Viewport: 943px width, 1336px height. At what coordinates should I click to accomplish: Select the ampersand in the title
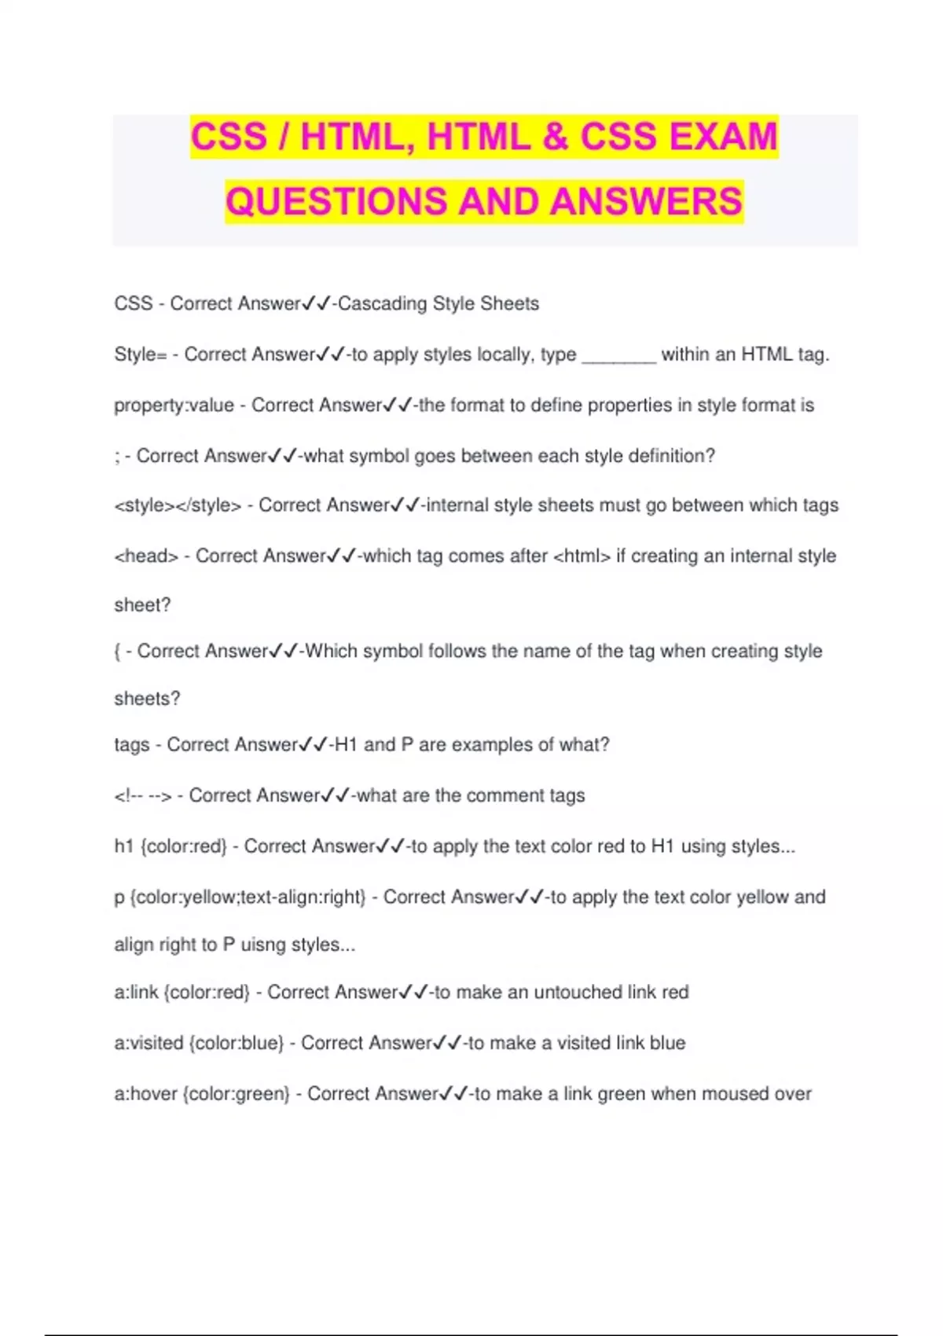click(554, 137)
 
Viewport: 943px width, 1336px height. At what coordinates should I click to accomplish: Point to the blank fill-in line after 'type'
click(618, 355)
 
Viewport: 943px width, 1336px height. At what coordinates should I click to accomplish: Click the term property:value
click(174, 406)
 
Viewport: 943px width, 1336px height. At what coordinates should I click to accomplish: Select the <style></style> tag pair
click(178, 505)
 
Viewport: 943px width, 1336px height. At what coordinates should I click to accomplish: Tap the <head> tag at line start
click(146, 556)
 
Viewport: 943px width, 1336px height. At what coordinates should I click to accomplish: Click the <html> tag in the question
click(582, 556)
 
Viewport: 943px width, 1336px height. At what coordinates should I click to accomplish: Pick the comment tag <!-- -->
click(142, 796)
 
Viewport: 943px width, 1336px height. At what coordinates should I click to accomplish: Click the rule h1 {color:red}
click(171, 846)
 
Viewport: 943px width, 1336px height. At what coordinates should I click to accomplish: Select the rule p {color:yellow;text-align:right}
click(240, 897)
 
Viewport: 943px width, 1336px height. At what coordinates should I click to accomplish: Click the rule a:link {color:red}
click(182, 993)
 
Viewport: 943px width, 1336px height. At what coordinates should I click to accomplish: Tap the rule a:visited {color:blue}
click(199, 1044)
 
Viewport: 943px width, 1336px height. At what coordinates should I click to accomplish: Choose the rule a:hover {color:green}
click(202, 1094)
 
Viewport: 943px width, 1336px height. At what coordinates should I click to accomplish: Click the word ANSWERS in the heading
click(646, 201)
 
